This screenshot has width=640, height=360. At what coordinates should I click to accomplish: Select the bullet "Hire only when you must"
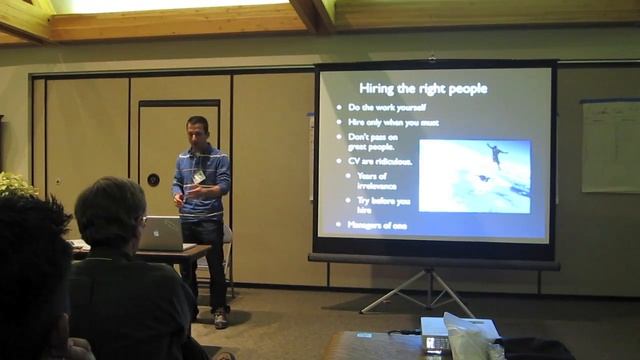(x=392, y=122)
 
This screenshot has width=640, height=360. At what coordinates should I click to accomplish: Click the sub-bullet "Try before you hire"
(x=383, y=205)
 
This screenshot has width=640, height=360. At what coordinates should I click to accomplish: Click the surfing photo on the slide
(x=474, y=175)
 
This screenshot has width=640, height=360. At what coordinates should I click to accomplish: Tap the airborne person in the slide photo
(x=495, y=152)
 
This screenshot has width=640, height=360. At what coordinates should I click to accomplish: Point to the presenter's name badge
(x=199, y=176)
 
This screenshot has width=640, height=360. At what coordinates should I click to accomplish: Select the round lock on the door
(x=153, y=180)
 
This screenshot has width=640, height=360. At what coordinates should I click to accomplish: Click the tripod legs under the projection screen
(x=431, y=291)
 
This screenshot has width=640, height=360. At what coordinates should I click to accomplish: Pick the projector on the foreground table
(x=436, y=334)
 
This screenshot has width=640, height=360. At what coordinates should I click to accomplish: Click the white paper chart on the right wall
(x=609, y=146)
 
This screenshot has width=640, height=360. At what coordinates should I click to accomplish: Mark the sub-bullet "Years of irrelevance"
(x=377, y=181)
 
